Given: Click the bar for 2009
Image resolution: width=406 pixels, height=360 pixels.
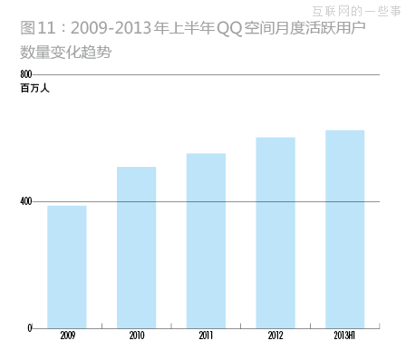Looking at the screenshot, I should (x=67, y=267).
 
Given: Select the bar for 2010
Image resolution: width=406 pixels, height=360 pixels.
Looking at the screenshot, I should (x=137, y=247).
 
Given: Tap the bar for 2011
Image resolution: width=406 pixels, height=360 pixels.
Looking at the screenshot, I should (x=206, y=240).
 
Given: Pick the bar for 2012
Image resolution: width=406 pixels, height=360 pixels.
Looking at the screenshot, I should (x=275, y=232).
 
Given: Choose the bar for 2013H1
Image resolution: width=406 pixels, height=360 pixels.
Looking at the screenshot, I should (x=344, y=229).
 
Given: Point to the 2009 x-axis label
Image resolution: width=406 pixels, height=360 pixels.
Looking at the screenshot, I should (x=67, y=336).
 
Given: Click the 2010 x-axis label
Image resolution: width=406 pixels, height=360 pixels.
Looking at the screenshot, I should (x=137, y=336).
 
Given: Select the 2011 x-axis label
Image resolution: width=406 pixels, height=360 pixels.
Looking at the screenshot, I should (x=206, y=336).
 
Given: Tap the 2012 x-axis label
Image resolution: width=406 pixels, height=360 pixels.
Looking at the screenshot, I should (x=275, y=336).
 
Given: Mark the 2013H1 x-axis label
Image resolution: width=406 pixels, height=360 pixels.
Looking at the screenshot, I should (x=344, y=336).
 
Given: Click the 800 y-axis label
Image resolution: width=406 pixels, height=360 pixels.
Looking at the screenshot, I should (x=25, y=73).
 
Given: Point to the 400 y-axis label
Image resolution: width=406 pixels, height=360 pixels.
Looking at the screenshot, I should (x=25, y=201).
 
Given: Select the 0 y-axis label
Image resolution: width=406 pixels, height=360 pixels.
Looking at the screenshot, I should (x=29, y=327).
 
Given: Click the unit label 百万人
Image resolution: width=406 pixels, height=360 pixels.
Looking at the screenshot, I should (x=34, y=88).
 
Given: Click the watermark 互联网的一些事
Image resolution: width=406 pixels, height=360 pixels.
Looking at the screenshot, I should (x=355, y=11).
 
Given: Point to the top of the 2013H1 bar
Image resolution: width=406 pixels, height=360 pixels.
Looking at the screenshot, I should (x=344, y=131).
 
